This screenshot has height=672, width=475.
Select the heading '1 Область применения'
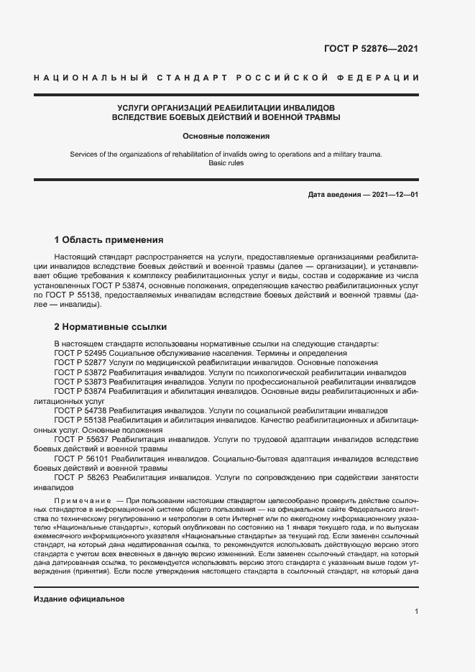point(109,239)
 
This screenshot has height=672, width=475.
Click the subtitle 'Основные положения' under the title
point(226,135)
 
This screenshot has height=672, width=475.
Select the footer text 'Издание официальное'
point(79,599)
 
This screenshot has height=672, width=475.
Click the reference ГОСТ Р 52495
point(80,354)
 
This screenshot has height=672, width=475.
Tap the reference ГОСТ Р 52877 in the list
point(80,364)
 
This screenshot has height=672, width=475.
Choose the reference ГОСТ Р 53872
point(80,373)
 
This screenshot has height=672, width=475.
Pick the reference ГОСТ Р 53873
point(80,382)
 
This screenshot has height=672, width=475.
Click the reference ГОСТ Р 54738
point(80,410)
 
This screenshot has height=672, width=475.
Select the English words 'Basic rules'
point(226,163)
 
